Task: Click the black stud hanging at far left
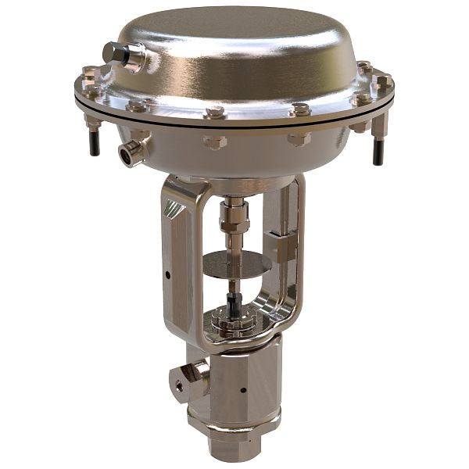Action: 93,143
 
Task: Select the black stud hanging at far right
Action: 378,150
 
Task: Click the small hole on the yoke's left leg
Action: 168,274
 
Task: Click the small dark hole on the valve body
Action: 243,390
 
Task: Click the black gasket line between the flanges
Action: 234,118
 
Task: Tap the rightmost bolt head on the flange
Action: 383,81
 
